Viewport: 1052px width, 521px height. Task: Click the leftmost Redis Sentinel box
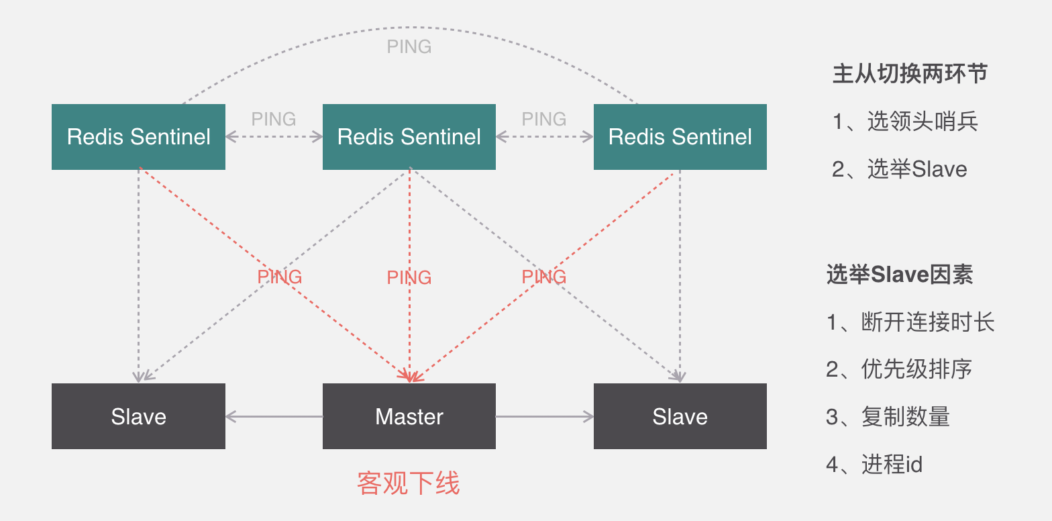pos(138,137)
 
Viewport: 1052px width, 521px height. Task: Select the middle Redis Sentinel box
pos(409,137)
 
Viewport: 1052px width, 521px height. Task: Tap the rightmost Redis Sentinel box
pos(680,137)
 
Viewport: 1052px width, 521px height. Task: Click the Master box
pos(409,416)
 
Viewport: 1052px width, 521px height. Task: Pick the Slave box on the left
pos(138,416)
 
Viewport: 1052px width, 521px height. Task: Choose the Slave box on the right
pos(680,416)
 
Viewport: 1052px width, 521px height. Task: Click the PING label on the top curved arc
pos(409,47)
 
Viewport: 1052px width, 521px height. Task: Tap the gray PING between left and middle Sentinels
pos(274,119)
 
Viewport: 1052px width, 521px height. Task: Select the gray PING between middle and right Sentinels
pos(544,119)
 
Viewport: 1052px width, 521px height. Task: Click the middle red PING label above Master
pos(409,277)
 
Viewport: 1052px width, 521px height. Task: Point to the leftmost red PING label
pos(280,277)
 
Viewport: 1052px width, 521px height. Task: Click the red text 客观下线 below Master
pos(409,483)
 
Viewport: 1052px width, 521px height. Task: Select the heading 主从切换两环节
pos(910,74)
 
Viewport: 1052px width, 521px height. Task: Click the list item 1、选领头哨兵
pos(905,122)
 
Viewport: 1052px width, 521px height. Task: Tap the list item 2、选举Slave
pos(900,169)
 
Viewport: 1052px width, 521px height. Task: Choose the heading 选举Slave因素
pos(900,275)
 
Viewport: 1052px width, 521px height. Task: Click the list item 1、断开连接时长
pos(910,322)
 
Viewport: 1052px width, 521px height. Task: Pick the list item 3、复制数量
pos(888,417)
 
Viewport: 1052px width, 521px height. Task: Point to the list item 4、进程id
pos(874,464)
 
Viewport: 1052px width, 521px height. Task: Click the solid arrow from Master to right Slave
pos(544,417)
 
